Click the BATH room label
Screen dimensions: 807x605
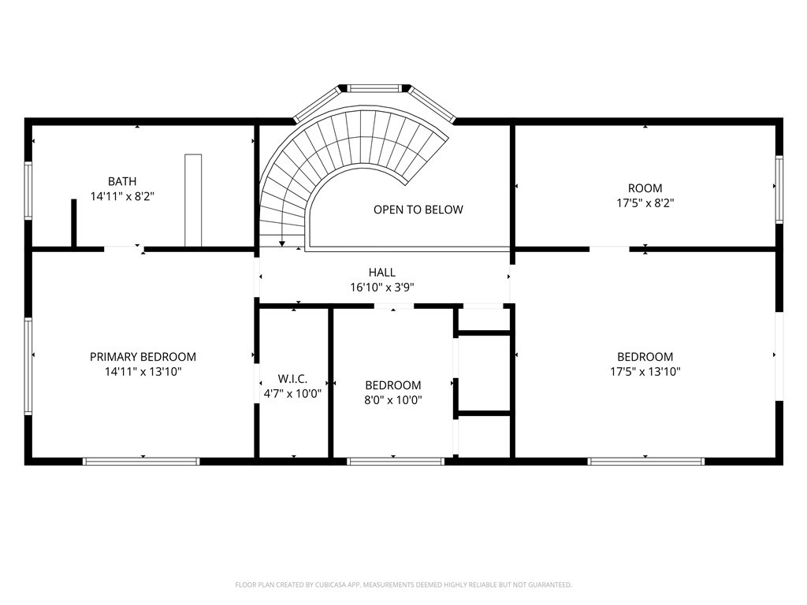pyautogui.click(x=122, y=182)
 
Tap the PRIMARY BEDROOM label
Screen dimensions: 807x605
pyautogui.click(x=143, y=357)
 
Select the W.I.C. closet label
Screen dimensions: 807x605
pyautogui.click(x=293, y=379)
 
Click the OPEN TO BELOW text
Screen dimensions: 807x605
pyautogui.click(x=418, y=210)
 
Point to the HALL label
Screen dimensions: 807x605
pyautogui.click(x=382, y=273)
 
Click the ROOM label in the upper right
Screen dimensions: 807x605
pyautogui.click(x=645, y=188)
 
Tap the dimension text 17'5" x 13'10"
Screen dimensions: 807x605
pyautogui.click(x=645, y=372)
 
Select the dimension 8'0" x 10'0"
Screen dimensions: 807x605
pyautogui.click(x=393, y=399)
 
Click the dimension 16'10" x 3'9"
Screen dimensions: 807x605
pyautogui.click(x=382, y=288)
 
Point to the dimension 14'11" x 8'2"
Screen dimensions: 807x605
pyautogui.click(x=122, y=196)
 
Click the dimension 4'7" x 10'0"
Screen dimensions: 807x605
pyautogui.click(x=293, y=394)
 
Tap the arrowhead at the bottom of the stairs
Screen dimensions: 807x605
pyautogui.click(x=282, y=244)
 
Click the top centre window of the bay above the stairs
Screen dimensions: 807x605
pyautogui.click(x=374, y=88)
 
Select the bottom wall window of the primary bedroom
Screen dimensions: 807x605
pyautogui.click(x=141, y=462)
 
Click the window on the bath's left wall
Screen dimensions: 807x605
pyautogui.click(x=28, y=191)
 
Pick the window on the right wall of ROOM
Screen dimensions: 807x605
pyautogui.click(x=779, y=189)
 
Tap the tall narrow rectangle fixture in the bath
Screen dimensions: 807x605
pyautogui.click(x=193, y=200)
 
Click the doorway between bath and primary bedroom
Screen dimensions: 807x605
pyautogui.click(x=125, y=249)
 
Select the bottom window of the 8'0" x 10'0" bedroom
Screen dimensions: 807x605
pyautogui.click(x=396, y=462)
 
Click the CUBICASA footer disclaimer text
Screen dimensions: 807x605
pyautogui.click(x=403, y=585)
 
